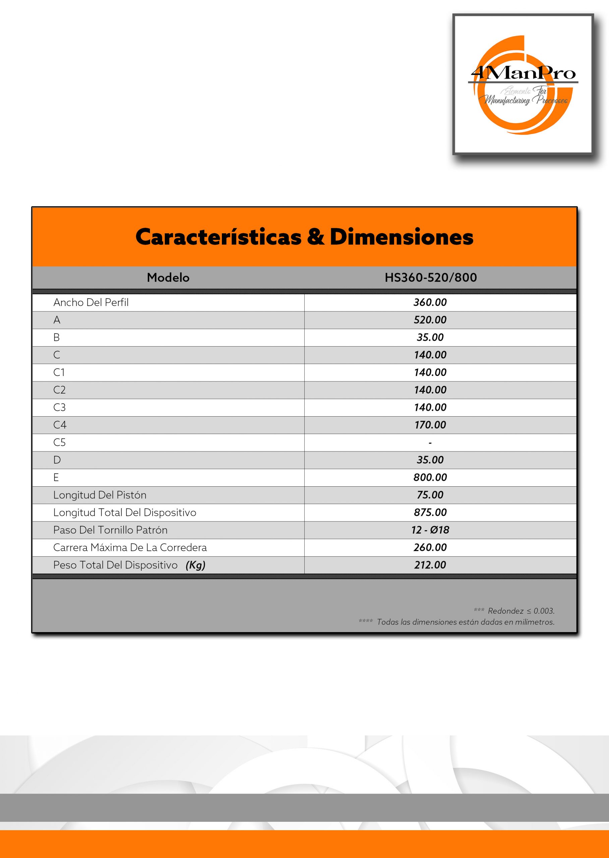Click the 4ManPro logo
tap(523, 85)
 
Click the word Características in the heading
tap(218, 237)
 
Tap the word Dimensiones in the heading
tap(401, 237)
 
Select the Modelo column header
tap(168, 278)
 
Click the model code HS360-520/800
tap(430, 278)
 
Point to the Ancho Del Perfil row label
tap(91, 303)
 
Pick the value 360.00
tap(430, 303)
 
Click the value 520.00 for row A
tap(430, 320)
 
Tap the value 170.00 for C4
tap(430, 425)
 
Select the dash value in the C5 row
tap(430, 443)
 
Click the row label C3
tap(59, 407)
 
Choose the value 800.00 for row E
tap(430, 477)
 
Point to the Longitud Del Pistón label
tap(100, 495)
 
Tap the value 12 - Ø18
tap(430, 530)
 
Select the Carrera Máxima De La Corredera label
tap(130, 548)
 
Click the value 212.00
tap(430, 565)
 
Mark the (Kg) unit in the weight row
tap(195, 565)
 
